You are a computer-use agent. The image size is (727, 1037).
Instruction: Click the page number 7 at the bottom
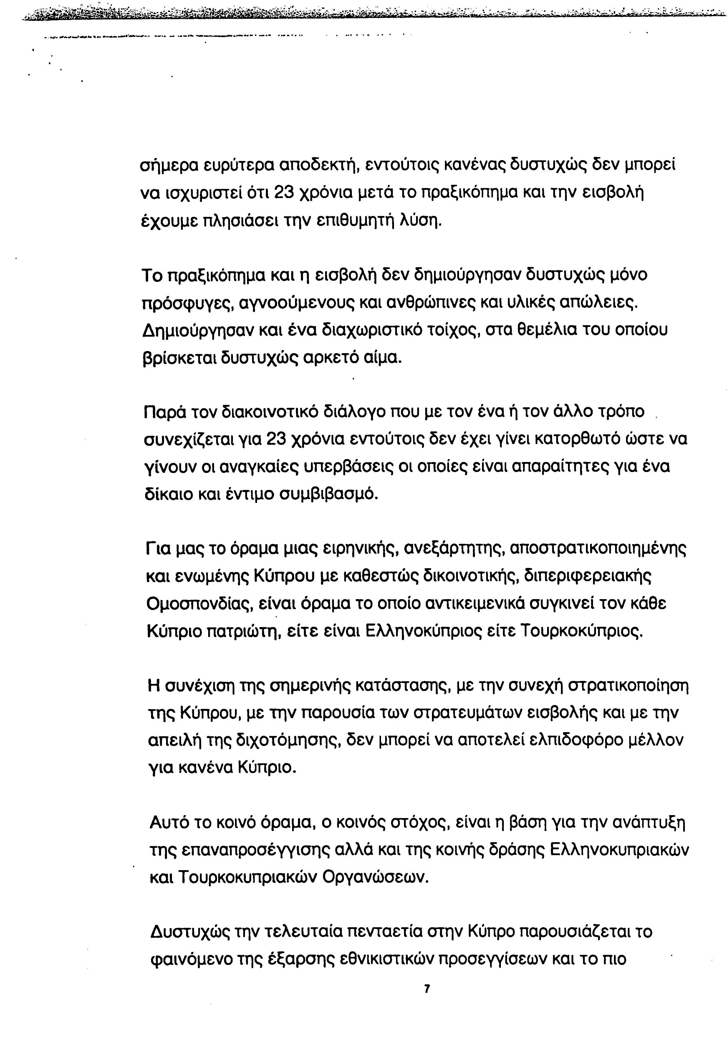coord(427,990)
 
